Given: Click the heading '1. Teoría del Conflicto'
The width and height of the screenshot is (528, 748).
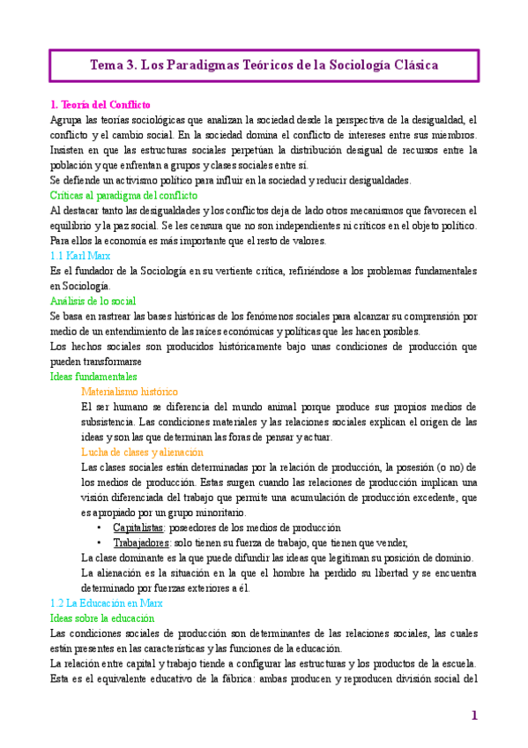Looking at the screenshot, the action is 100,104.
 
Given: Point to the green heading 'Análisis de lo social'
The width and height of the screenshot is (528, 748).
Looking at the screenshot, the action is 93,301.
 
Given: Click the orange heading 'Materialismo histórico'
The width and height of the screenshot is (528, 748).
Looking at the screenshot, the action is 129,391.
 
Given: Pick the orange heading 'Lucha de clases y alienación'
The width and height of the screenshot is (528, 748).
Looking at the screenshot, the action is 141,452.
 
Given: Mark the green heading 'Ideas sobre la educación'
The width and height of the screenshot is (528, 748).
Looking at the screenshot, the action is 103,618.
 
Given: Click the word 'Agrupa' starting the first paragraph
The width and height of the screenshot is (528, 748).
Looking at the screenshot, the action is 67,119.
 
